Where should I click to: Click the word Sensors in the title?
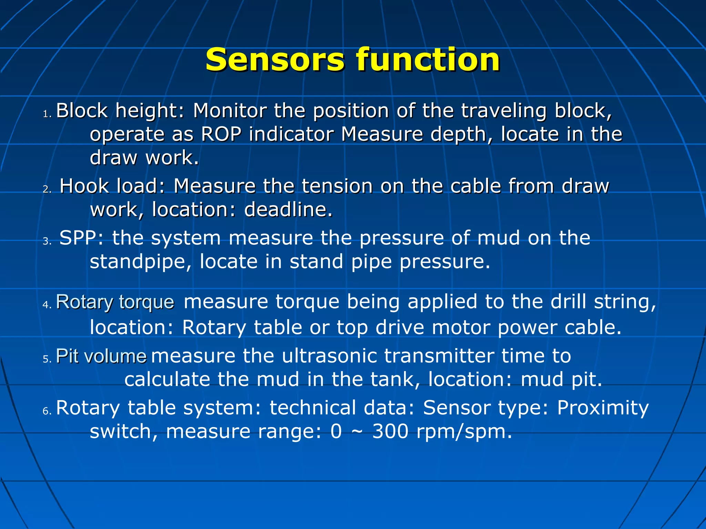275,60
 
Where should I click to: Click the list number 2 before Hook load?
47,189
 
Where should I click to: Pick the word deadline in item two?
288,209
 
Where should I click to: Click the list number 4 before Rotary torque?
47,305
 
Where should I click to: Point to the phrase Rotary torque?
115,303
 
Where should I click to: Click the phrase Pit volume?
101,356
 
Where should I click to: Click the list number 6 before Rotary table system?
47,411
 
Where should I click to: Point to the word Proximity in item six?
603,408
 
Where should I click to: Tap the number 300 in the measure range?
390,432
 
